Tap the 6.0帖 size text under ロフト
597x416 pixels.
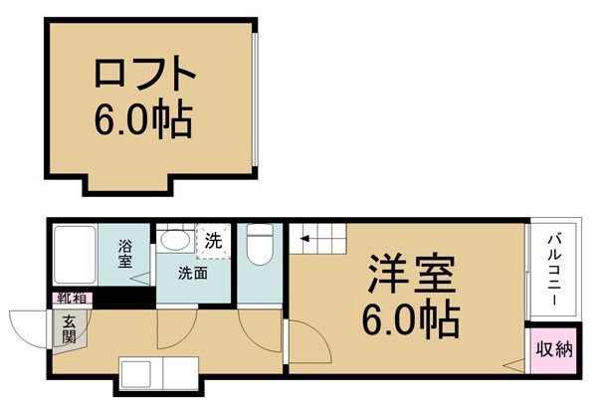click(x=144, y=120)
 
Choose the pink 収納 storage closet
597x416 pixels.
click(x=554, y=349)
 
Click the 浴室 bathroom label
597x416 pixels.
click(x=125, y=253)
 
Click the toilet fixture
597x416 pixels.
click(x=261, y=243)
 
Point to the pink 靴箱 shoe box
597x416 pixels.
click(x=69, y=298)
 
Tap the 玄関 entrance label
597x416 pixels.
click(x=71, y=328)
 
